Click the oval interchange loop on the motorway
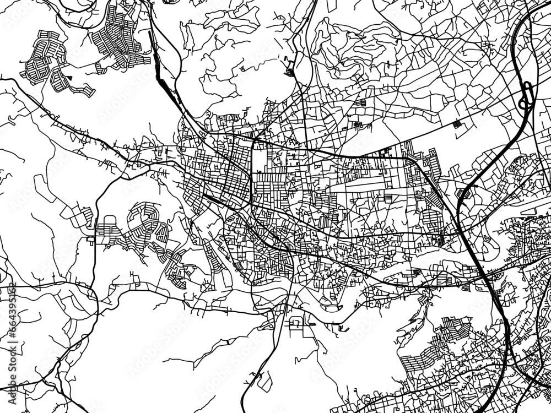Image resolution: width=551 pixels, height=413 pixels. tap(526, 94)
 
